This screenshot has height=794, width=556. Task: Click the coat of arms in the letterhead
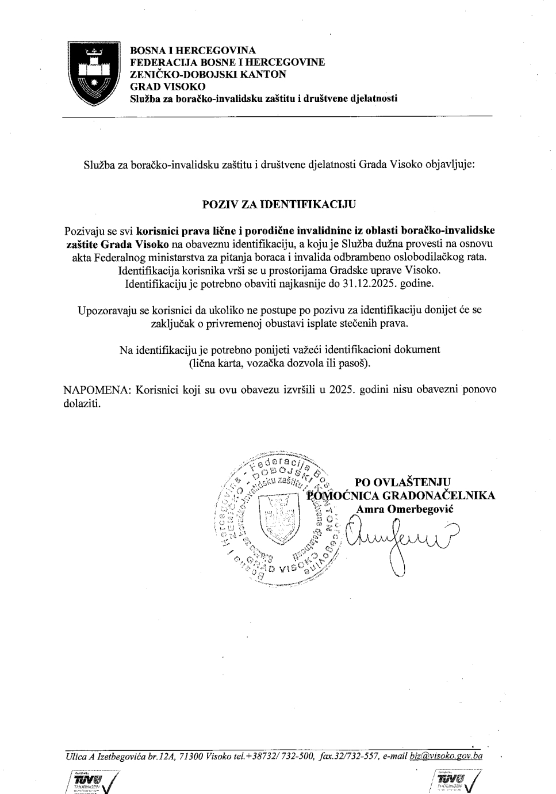coord(94,73)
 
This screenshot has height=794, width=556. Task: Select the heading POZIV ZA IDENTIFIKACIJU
coord(279,204)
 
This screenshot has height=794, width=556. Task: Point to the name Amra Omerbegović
coord(405,509)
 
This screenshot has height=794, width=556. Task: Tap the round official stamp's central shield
coord(280,518)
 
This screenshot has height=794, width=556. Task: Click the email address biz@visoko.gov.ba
coord(446,756)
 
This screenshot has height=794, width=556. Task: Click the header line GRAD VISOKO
coord(167,86)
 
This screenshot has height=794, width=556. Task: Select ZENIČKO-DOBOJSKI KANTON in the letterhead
coord(208,74)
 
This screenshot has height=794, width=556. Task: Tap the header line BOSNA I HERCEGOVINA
coord(193,50)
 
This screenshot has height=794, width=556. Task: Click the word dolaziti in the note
coord(82,403)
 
